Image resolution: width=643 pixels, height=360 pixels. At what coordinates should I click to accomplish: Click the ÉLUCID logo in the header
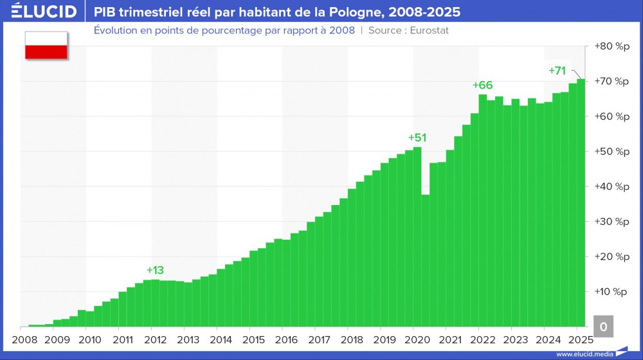pyautogui.click(x=40, y=12)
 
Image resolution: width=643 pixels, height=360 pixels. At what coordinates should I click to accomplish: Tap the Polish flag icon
pyautogui.click(x=46, y=45)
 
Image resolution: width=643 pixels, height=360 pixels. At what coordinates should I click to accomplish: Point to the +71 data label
pyautogui.click(x=557, y=71)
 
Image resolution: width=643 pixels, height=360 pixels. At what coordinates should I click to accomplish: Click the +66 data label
pyautogui.click(x=482, y=85)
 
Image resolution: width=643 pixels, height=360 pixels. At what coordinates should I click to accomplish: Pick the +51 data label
pyautogui.click(x=417, y=138)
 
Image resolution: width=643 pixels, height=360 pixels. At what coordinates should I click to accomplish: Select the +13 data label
pyautogui.click(x=155, y=270)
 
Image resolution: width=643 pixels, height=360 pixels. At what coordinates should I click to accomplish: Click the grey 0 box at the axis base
pyautogui.click(x=602, y=327)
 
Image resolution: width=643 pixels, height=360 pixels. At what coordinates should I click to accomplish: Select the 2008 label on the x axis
pyautogui.click(x=24, y=339)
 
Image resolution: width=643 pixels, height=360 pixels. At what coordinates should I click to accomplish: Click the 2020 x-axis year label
pyautogui.click(x=417, y=339)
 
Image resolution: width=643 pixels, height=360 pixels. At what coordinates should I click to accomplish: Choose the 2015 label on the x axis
pyautogui.click(x=253, y=339)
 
